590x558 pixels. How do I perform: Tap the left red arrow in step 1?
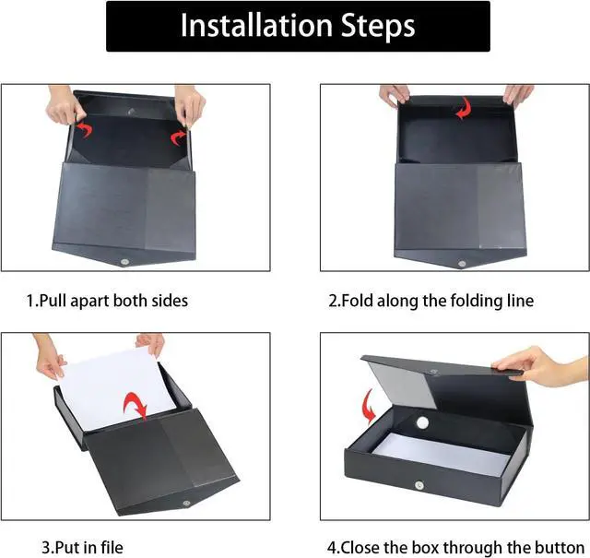click(x=84, y=127)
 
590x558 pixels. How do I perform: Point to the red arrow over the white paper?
click(x=136, y=403)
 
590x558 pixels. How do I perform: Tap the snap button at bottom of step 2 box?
click(x=462, y=263)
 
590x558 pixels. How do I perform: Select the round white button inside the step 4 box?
click(x=423, y=422)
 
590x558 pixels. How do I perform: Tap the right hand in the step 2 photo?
click(x=517, y=94)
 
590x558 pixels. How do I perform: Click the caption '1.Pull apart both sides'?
click(x=107, y=301)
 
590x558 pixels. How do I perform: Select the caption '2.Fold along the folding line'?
click(x=431, y=301)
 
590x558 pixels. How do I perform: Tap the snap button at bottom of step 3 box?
click(x=188, y=503)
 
